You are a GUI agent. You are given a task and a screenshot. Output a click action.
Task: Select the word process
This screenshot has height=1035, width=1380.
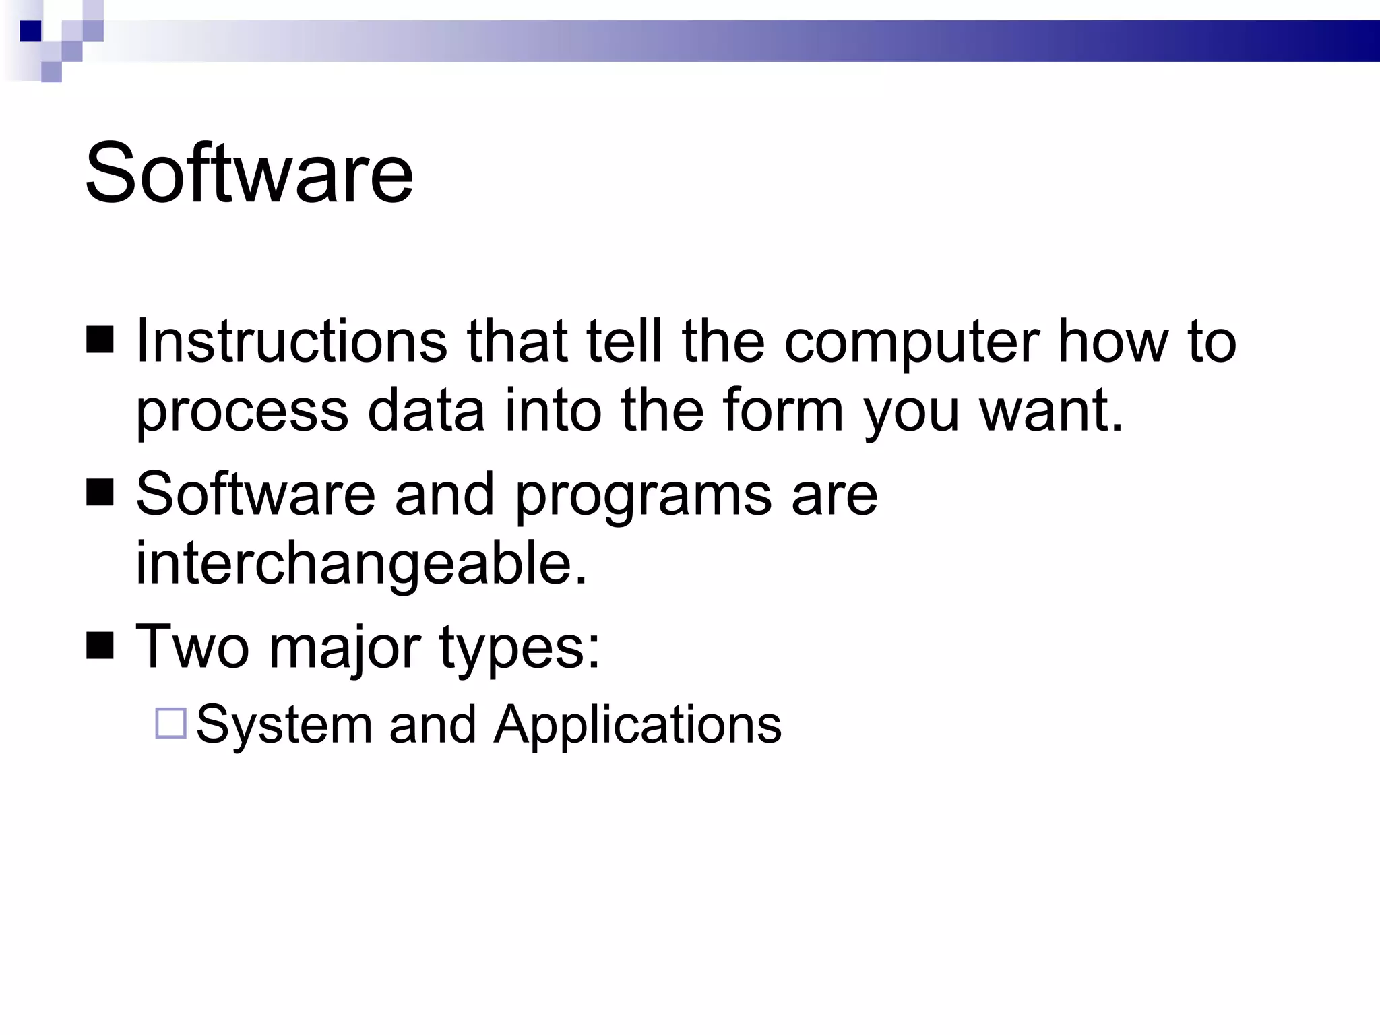click(242, 412)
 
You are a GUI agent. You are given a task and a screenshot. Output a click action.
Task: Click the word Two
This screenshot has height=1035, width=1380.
click(192, 647)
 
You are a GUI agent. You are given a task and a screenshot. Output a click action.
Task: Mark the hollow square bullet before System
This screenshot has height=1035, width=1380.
click(170, 724)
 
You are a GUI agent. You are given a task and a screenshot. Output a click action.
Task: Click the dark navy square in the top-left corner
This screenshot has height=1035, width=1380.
click(30, 31)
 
